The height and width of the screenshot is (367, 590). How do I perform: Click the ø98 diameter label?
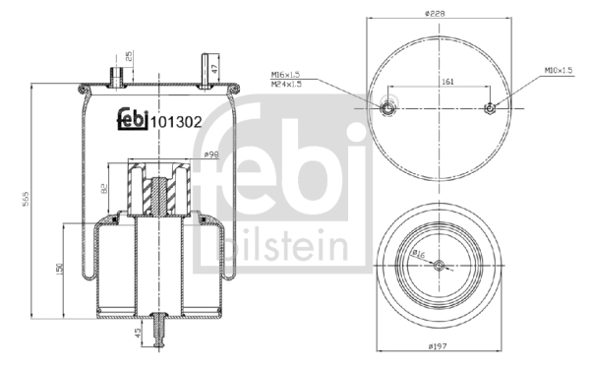click(209, 153)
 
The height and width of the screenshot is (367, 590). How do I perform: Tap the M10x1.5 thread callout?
click(562, 71)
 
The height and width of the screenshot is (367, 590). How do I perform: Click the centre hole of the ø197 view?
click(439, 264)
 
